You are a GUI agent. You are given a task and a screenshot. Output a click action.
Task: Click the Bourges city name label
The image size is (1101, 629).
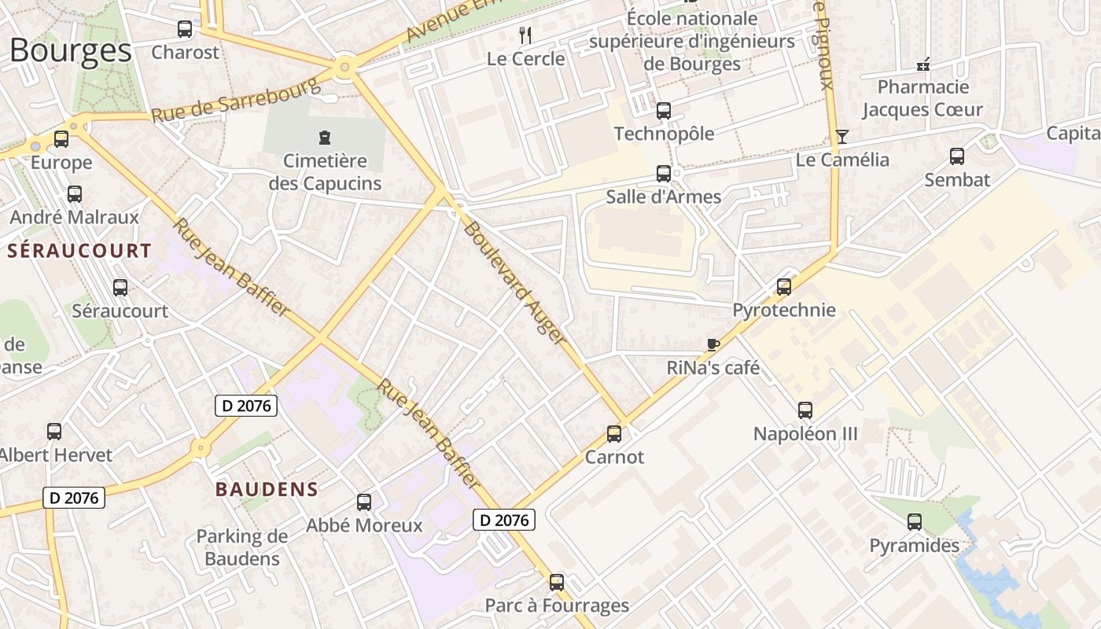(71, 50)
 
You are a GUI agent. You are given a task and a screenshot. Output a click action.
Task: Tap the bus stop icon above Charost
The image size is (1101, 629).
(185, 30)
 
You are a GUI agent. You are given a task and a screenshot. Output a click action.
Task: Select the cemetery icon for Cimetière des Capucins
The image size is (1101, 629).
(324, 138)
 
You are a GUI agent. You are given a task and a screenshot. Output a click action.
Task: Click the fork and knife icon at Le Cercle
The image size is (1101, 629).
(526, 35)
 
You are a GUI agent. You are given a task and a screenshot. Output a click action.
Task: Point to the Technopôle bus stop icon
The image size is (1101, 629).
(664, 111)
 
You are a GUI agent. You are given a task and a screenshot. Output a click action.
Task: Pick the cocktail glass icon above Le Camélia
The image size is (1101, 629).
(842, 137)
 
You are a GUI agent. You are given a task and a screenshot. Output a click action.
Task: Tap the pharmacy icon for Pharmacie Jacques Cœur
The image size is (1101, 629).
(924, 64)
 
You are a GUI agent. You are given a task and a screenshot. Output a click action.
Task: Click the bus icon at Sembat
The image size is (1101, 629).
(957, 156)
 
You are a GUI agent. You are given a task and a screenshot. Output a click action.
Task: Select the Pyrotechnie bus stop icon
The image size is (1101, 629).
(784, 287)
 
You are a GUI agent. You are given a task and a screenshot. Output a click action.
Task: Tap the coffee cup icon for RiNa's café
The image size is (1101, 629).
(713, 344)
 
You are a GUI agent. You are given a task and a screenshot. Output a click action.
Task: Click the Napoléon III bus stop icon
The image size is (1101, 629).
(805, 410)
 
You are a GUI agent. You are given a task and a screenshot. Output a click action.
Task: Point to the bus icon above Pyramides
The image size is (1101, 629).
(915, 522)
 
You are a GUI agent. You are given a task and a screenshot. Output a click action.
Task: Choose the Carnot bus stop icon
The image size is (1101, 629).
(614, 434)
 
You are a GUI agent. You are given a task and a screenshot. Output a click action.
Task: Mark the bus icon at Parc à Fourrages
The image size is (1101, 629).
(557, 583)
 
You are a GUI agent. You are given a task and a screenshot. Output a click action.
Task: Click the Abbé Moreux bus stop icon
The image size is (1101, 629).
(364, 502)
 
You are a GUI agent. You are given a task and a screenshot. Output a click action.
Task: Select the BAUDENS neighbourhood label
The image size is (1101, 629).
(267, 489)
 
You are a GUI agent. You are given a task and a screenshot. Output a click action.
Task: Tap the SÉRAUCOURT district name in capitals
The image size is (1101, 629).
(79, 251)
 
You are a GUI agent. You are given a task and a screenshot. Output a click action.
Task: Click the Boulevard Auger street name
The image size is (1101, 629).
(514, 283)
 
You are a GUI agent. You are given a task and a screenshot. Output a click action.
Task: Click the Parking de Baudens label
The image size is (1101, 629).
(242, 548)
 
